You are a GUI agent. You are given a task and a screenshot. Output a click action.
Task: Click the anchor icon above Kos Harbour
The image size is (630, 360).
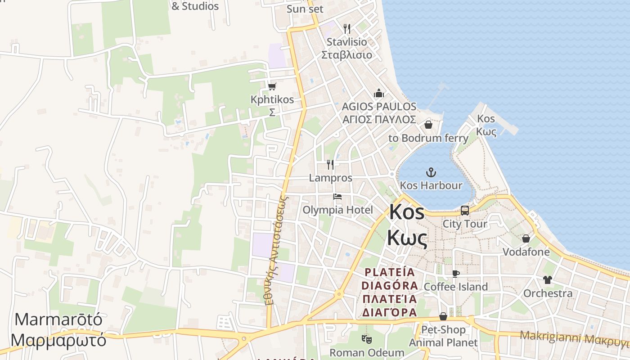pyautogui.click(x=431, y=172)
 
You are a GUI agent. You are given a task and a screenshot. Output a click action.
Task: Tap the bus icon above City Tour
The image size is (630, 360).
pyautogui.click(x=465, y=210)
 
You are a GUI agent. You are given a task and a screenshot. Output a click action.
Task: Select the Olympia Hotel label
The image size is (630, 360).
pyautogui.click(x=337, y=210)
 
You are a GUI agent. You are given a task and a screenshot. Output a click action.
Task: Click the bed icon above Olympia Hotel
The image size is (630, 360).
pyautogui.click(x=337, y=197)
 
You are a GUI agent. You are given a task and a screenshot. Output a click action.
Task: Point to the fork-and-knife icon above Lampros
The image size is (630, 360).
pyautogui.click(x=331, y=165)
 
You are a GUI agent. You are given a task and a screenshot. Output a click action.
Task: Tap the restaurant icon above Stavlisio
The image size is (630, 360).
pyautogui.click(x=346, y=29)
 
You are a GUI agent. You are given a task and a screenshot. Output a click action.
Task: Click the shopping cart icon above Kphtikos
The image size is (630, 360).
pyautogui.click(x=272, y=86)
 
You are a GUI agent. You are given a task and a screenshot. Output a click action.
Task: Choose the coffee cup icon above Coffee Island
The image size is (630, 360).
pyautogui.click(x=456, y=274)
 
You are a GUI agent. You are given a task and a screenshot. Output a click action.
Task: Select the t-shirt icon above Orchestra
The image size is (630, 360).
pyautogui.click(x=547, y=280)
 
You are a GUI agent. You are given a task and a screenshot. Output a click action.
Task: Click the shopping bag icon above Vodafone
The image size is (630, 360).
pyautogui.click(x=526, y=238)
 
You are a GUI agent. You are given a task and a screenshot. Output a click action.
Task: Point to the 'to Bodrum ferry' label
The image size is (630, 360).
pyautogui.click(x=428, y=138)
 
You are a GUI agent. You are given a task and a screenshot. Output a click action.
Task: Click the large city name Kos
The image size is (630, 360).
pyautogui.click(x=407, y=212)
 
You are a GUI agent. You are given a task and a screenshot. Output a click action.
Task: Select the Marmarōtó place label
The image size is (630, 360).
pyautogui.click(x=58, y=320)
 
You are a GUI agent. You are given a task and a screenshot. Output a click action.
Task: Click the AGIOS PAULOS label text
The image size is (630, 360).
pyautogui.click(x=379, y=107)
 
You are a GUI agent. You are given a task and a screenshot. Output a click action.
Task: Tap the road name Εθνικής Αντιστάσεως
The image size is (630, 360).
pyautogui.click(x=276, y=250)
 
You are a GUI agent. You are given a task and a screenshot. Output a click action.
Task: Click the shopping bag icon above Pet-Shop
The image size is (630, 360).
pyautogui.click(x=443, y=316)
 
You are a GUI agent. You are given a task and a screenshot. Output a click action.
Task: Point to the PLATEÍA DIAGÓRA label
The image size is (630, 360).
pyautogui.click(x=390, y=279)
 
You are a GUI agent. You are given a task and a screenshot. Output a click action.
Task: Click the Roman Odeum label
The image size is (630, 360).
pyautogui.click(x=367, y=352)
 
